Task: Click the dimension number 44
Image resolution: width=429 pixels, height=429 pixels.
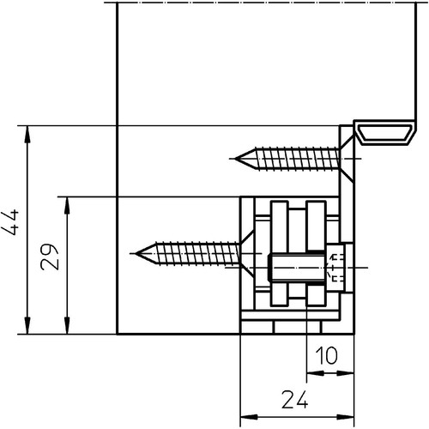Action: [x=10, y=222]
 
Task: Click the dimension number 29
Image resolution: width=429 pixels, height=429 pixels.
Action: [x=50, y=257]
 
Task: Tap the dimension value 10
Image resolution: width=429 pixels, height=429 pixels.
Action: [x=326, y=355]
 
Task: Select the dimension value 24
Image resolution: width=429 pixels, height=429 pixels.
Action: [x=295, y=399]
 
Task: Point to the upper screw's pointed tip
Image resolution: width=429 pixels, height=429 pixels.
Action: [x=235, y=159]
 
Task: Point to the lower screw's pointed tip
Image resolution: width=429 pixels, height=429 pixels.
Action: [x=136, y=253]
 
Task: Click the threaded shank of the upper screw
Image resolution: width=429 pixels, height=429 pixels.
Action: [x=296, y=159]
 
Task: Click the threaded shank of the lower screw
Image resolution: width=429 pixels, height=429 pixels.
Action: [x=196, y=253]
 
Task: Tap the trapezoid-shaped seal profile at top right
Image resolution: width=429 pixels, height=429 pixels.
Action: [x=385, y=133]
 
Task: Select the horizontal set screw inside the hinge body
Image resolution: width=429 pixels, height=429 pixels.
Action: [x=297, y=268]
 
